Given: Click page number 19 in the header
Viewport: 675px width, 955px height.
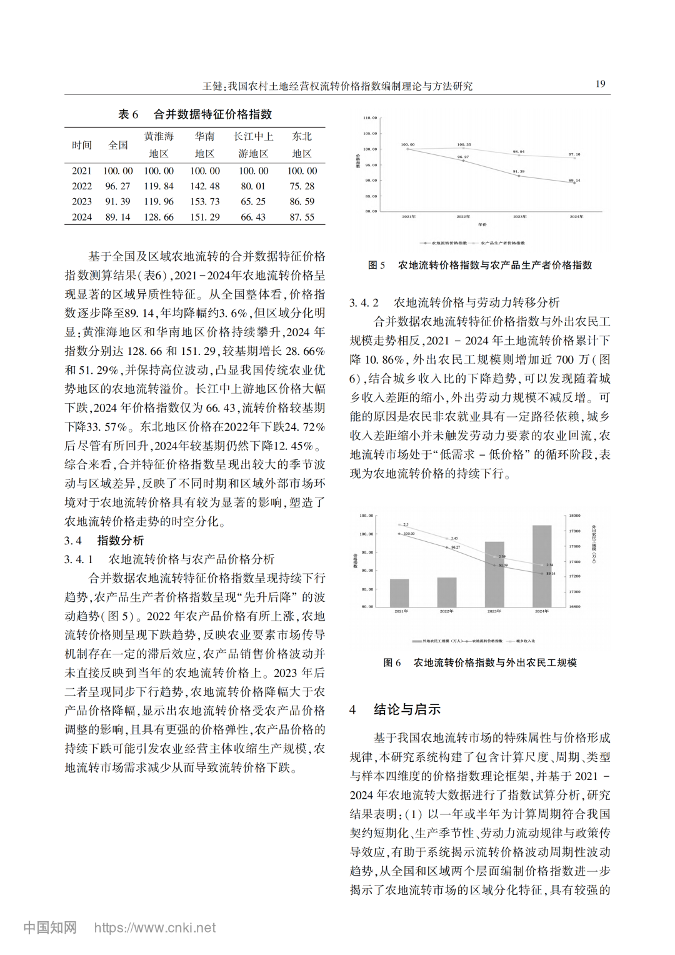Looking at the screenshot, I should (600, 84).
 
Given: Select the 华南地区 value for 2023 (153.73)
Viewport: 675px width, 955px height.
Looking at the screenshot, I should (205, 201).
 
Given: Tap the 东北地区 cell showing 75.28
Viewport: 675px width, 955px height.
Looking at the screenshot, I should (302, 186).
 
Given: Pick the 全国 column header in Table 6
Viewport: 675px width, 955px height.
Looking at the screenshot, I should (118, 145).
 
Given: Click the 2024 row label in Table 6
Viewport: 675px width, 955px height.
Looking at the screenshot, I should (82, 217).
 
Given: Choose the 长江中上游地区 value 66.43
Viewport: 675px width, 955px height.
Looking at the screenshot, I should (253, 217).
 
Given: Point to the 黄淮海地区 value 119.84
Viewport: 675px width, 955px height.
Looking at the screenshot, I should (159, 186).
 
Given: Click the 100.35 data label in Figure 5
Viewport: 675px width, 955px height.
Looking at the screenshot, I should (464, 144).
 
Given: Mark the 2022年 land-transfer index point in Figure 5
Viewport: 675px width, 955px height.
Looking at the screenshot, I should (463, 161).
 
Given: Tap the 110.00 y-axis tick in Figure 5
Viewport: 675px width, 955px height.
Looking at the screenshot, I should (370, 117).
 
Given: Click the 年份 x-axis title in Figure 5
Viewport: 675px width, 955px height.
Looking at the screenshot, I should (482, 224).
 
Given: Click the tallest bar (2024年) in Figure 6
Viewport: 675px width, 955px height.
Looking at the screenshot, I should (542, 566).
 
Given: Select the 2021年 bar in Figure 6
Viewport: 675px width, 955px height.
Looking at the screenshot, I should (399, 592).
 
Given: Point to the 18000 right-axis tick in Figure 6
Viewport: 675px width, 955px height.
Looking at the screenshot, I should (574, 516).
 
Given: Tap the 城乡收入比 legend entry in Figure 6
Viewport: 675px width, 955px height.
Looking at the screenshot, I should (525, 641).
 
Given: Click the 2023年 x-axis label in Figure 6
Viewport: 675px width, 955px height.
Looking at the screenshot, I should (494, 611).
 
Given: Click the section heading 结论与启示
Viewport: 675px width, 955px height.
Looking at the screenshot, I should (407, 709).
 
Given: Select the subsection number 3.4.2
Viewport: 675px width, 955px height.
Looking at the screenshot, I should (364, 302).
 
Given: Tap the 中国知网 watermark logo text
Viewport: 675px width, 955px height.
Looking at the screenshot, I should (50, 927).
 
